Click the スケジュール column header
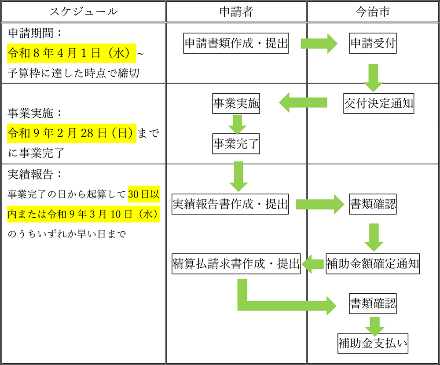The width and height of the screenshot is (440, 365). tap(83, 12)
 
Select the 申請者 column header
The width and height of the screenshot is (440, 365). tap(236, 12)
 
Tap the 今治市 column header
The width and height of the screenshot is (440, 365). tap(373, 12)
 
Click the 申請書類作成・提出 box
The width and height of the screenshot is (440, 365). tap(236, 44)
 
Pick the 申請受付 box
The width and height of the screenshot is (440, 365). tap(373, 44)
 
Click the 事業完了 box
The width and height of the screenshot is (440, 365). tap(236, 144)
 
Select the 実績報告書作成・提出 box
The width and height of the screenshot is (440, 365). tap(231, 204)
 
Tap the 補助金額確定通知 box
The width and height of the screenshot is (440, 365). tap(373, 264)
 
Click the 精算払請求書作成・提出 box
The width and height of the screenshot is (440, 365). tap(236, 264)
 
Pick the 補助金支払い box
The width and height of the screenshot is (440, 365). tap(373, 343)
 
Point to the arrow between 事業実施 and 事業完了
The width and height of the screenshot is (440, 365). tap(237, 124)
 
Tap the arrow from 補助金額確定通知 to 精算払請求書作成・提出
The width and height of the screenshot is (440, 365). tap(313, 264)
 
